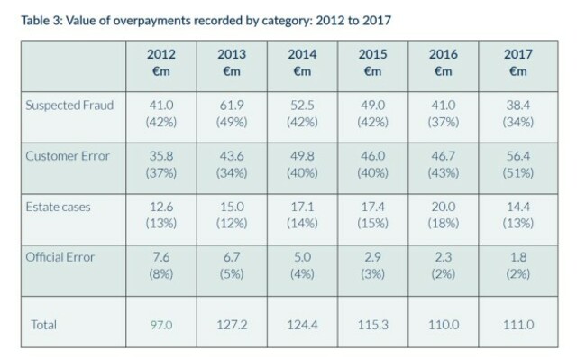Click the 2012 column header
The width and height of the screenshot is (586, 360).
(161, 62)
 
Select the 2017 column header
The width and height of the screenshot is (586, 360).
(518, 62)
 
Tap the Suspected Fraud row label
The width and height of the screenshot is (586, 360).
(69, 106)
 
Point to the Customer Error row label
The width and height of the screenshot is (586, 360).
(68, 156)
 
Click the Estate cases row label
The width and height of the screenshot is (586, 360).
(58, 207)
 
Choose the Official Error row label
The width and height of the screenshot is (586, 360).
(60, 257)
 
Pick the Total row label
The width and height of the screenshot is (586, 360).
(44, 325)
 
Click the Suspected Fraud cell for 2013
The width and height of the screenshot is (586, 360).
(232, 114)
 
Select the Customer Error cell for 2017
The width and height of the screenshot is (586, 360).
(518, 164)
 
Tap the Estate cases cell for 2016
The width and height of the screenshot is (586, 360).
(444, 215)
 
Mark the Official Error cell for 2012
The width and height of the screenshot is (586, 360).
(161, 265)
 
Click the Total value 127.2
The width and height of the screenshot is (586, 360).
(232, 325)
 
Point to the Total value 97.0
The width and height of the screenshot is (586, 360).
(161, 325)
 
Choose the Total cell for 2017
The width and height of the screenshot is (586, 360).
(518, 325)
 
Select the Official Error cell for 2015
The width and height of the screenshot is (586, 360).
(372, 265)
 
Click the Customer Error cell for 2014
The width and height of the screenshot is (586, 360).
(302, 164)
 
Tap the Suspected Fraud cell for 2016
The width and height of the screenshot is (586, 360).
(444, 114)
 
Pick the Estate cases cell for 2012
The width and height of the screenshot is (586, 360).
(161, 215)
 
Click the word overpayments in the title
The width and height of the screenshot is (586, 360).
(151, 21)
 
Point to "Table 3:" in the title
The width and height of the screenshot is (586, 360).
(41, 20)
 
